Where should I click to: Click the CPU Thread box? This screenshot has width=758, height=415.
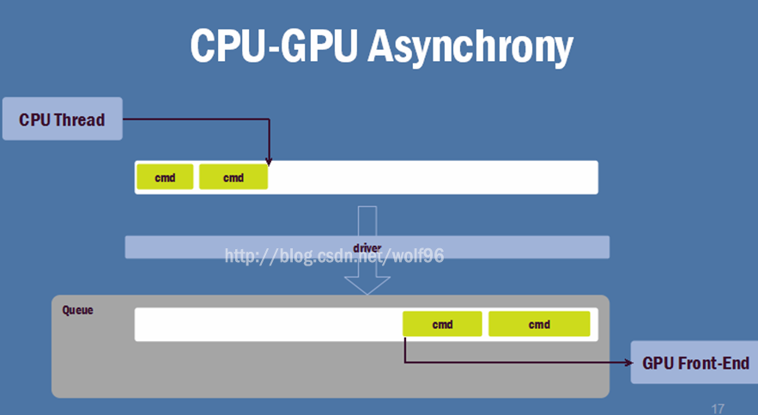(62, 119)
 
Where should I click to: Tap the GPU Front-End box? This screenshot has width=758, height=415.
(695, 363)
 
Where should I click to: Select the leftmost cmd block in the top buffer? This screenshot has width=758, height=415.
(165, 177)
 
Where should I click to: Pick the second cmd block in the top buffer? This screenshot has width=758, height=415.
(233, 177)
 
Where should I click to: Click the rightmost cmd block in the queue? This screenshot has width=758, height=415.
(539, 324)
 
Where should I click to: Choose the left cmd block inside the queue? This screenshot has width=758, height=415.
(442, 324)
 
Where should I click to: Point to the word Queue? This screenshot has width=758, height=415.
(77, 309)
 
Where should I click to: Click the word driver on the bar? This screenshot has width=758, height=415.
(367, 247)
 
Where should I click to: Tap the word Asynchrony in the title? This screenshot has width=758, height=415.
(470, 47)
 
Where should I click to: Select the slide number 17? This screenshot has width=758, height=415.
(718, 408)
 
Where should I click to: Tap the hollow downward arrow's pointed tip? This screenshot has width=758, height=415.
(367, 293)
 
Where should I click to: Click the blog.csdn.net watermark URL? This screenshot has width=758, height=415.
(335, 255)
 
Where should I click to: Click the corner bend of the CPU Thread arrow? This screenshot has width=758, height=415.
(270, 119)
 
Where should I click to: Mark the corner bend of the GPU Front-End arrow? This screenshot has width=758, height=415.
(404, 362)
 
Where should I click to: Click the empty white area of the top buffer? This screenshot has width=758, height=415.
(429, 177)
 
